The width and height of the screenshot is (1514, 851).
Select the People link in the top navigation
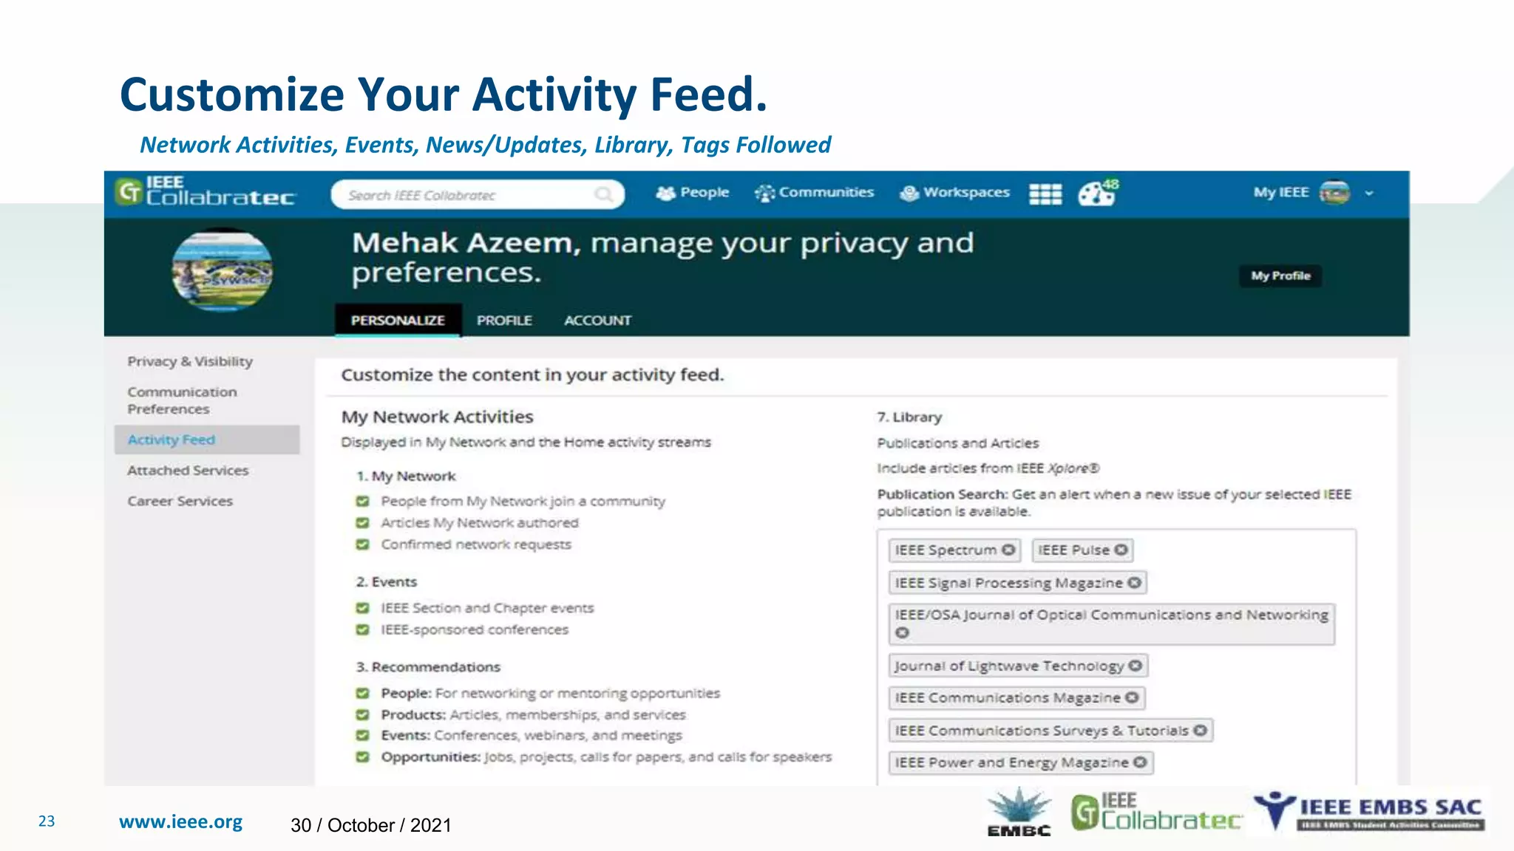693,193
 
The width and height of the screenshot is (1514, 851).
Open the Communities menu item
815,193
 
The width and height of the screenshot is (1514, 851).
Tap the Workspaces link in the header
955,193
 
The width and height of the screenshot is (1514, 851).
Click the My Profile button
1280,276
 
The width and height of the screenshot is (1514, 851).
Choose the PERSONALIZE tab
398,321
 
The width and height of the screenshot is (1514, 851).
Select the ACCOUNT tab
597,321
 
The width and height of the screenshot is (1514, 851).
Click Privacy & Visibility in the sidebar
190,361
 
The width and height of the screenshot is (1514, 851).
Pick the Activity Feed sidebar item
172,440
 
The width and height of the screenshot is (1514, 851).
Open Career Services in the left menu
180,501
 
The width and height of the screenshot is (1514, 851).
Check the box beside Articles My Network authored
362,523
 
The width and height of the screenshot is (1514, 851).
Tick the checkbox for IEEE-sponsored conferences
362,630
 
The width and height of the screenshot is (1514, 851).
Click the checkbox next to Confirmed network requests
362,544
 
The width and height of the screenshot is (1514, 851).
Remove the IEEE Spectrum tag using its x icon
1008,550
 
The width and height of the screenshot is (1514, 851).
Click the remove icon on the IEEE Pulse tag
1121,550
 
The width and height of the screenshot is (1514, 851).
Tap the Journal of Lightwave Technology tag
1009,666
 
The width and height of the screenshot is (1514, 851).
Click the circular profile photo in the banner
223,271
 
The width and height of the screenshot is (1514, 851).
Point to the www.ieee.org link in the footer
180,822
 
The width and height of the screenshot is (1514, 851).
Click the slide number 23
47,821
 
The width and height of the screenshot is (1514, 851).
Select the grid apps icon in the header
1045,194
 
